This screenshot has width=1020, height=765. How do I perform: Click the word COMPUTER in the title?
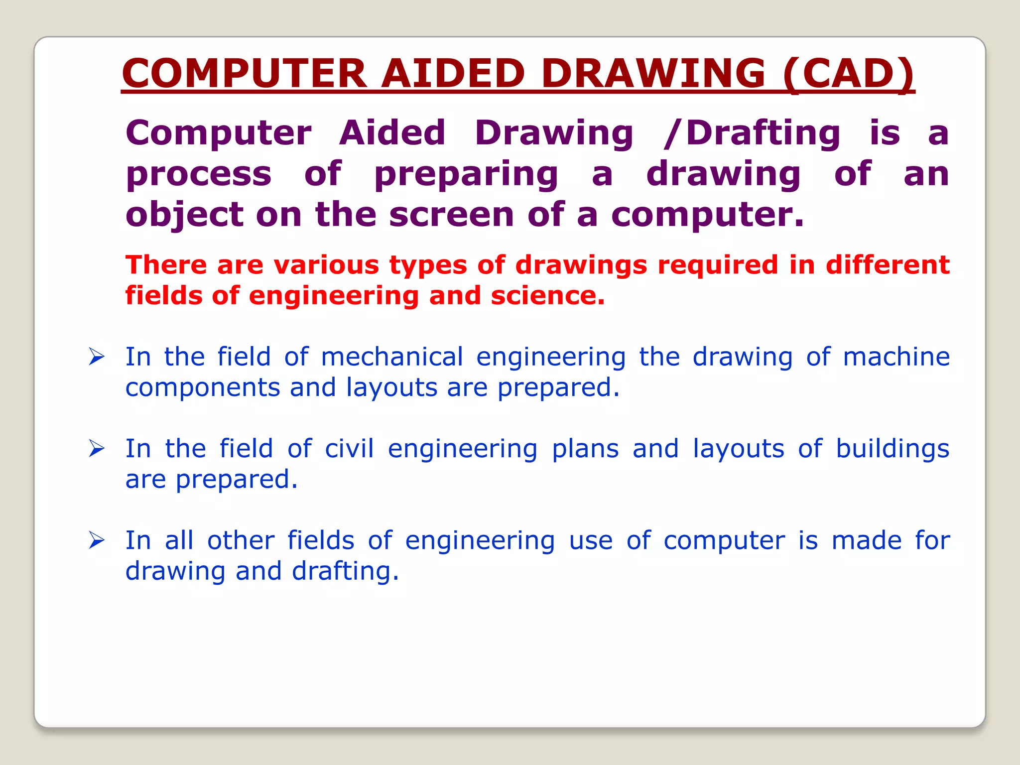coord(245,73)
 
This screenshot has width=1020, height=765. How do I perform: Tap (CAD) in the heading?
coord(849,73)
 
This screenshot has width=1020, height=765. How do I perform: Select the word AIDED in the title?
coord(453,73)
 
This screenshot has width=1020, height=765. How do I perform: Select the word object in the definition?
coord(185,216)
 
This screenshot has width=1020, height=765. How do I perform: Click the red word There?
coord(166,264)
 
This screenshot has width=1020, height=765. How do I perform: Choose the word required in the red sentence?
coord(718,264)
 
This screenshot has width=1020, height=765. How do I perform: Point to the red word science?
coord(547,295)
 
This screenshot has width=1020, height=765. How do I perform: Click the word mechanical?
coord(392,357)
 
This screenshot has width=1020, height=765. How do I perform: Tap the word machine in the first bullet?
coord(896,357)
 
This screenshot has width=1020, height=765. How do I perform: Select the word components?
coord(203,388)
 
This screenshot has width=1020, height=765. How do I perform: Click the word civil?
coord(349,448)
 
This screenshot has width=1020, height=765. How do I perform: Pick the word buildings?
coord(892,449)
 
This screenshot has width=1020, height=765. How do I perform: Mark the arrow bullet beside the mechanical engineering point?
coord(97,357)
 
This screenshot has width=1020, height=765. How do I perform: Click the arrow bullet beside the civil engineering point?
coord(97,448)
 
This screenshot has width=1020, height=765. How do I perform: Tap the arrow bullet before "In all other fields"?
coord(97,540)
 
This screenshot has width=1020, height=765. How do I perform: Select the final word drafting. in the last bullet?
coord(345,571)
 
